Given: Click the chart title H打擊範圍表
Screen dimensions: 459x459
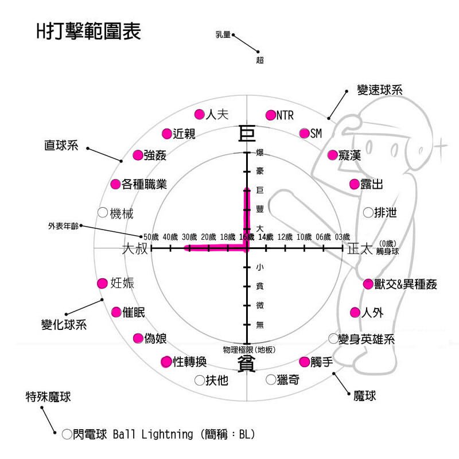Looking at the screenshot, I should click(x=89, y=32).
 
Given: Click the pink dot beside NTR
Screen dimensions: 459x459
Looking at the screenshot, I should click(x=271, y=115).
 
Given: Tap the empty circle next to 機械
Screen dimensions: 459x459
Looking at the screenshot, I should click(x=103, y=213).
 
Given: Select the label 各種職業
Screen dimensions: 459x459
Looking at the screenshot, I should click(x=144, y=185).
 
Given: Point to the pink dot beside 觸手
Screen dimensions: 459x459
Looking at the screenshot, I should click(x=305, y=361).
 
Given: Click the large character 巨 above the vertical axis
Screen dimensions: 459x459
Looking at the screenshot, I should click(x=246, y=134).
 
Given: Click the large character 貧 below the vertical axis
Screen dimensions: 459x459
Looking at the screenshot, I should click(x=246, y=364).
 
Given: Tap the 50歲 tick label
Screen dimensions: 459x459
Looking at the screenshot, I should click(x=150, y=237).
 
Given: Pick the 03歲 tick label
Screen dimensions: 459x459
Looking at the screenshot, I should click(x=342, y=237).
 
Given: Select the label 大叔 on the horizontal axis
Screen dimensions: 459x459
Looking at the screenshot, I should click(x=135, y=248).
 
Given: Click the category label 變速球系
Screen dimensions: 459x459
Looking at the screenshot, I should click(x=379, y=90).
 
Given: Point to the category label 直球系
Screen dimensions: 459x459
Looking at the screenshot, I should click(x=61, y=145).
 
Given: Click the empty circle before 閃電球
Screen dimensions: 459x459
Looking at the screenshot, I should click(x=67, y=434).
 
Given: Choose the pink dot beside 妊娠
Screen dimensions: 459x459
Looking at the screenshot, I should click(x=103, y=283).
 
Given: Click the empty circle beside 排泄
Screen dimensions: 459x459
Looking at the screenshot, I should click(x=368, y=212).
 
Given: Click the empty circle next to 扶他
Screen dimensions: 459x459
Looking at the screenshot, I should click(x=200, y=380).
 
